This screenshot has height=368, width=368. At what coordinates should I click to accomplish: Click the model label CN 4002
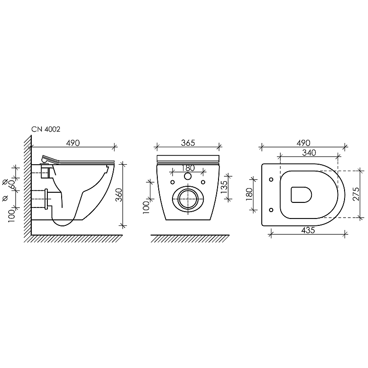46,129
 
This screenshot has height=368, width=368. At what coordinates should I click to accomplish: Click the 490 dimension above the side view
73,143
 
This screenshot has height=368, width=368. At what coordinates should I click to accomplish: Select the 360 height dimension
120,195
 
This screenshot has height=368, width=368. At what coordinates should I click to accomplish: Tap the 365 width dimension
188,143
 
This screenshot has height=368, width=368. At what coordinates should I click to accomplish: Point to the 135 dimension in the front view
224,187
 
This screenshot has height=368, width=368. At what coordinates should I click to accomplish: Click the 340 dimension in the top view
309,153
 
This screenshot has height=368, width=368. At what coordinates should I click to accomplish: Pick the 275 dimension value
356,194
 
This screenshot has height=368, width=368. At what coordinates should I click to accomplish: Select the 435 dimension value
308,230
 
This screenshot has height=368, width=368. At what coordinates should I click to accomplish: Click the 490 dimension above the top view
303,143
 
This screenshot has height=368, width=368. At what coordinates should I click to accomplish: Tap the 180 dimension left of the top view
249,194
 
